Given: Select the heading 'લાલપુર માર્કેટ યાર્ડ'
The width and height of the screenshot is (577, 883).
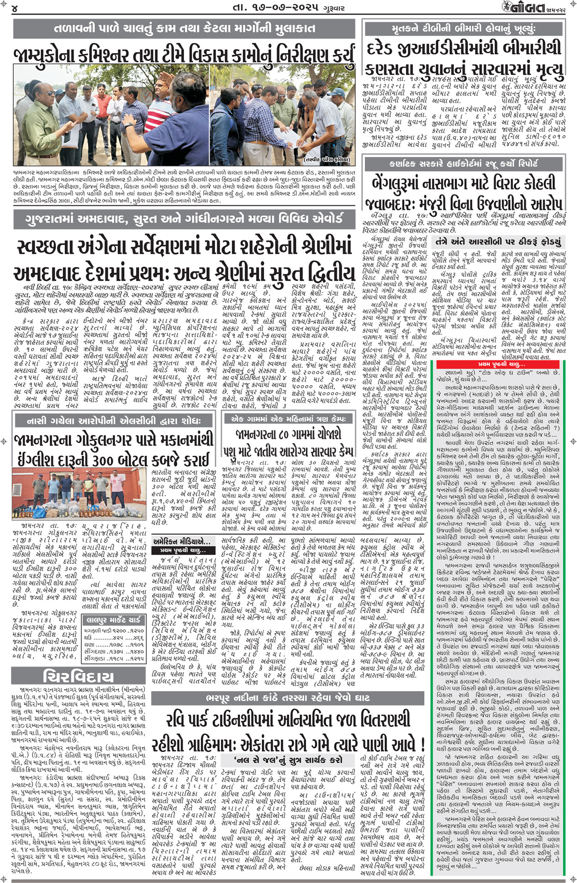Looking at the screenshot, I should (x=114, y=620).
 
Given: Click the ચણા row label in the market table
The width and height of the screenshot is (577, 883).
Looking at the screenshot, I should (x=89, y=644).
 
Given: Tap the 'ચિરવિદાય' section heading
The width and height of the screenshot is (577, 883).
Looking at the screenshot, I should (x=78, y=676).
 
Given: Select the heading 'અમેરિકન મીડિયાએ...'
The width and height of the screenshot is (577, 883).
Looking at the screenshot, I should (x=181, y=541).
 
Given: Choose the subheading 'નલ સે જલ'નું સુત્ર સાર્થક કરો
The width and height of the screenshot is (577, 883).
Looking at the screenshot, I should (x=288, y=759).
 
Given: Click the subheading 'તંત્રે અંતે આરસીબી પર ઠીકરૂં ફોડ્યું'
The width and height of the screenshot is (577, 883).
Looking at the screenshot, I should (x=498, y=241).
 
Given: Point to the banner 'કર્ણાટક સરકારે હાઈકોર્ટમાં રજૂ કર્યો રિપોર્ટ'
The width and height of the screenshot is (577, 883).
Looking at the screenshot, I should (x=464, y=163).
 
